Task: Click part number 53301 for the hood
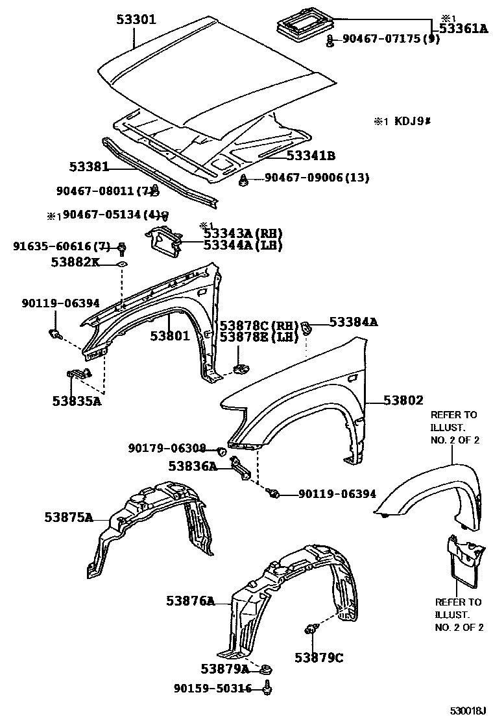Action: (136, 20)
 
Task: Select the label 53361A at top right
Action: (463, 28)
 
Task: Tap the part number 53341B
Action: (311, 156)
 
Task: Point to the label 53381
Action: (89, 167)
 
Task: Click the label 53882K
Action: (76, 262)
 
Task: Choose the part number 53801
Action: (170, 336)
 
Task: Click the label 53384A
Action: (354, 322)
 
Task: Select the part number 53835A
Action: (77, 401)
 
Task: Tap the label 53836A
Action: (193, 466)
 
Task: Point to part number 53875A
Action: (69, 517)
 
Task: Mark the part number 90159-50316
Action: (213, 689)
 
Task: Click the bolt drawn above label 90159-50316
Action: (267, 689)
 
